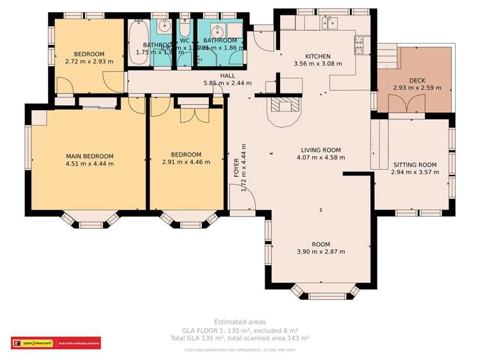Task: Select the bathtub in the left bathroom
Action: pyautogui.click(x=138, y=42)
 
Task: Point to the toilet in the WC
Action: pyautogui.click(x=185, y=29)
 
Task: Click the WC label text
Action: pyautogui.click(x=185, y=40)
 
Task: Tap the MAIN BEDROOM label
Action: pyautogui.click(x=89, y=156)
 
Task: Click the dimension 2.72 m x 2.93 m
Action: pyautogui.click(x=89, y=62)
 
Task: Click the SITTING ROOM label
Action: pyautogui.click(x=414, y=165)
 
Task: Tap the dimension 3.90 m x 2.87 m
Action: pyautogui.click(x=320, y=252)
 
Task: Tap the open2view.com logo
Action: pyautogui.click(x=32, y=343)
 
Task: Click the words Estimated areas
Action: pyautogui.click(x=240, y=322)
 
